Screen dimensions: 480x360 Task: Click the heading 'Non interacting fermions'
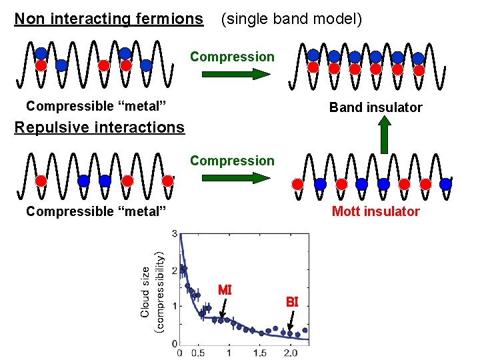pos(109,19)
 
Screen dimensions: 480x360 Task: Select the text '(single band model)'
pos(291,19)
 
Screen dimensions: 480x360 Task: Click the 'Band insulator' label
pos(375,107)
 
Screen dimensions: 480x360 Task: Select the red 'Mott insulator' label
pos(375,211)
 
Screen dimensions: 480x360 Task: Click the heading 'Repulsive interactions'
pos(99,127)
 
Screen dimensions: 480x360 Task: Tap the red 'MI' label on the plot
pos(225,290)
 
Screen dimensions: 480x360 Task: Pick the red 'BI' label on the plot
pos(292,301)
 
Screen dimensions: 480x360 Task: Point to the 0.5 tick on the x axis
pos(198,352)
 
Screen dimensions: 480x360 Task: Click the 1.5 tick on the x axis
pos(260,352)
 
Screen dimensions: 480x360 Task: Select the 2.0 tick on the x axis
pos(291,352)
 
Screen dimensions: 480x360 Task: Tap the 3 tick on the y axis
pos(175,234)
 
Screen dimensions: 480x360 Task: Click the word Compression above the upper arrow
pos(232,57)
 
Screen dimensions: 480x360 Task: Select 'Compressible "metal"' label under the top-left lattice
pos(95,105)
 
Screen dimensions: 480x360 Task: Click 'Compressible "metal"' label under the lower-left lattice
pos(95,211)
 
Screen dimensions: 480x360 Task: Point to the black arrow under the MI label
pos(221,309)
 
